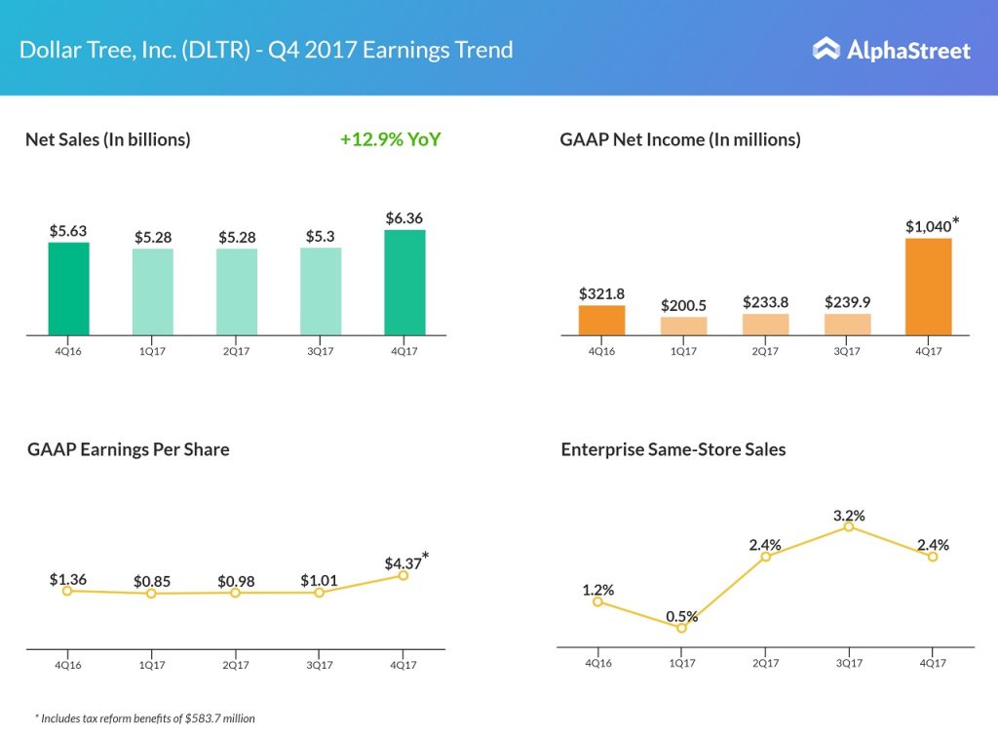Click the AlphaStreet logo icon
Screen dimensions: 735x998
click(826, 49)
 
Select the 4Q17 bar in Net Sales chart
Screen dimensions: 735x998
click(404, 283)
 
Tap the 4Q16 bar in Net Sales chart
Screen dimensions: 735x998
click(68, 289)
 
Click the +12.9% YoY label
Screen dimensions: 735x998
click(390, 139)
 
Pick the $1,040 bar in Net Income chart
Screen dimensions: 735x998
click(928, 288)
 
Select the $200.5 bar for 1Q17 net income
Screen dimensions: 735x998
click(683, 327)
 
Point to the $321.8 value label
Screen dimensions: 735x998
click(600, 292)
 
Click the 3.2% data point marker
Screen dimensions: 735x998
click(849, 526)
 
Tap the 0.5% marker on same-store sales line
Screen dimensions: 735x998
click(681, 628)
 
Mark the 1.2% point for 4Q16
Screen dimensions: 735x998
click(598, 601)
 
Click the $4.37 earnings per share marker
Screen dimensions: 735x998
click(403, 575)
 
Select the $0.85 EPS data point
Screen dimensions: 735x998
click(151, 593)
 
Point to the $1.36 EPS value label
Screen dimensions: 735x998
click(68, 579)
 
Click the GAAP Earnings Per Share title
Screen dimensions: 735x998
click(128, 449)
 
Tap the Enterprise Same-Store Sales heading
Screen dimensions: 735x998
click(673, 449)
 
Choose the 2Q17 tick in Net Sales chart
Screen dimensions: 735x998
click(236, 351)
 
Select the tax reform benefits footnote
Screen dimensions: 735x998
click(145, 718)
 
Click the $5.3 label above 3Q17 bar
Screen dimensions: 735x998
click(321, 235)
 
